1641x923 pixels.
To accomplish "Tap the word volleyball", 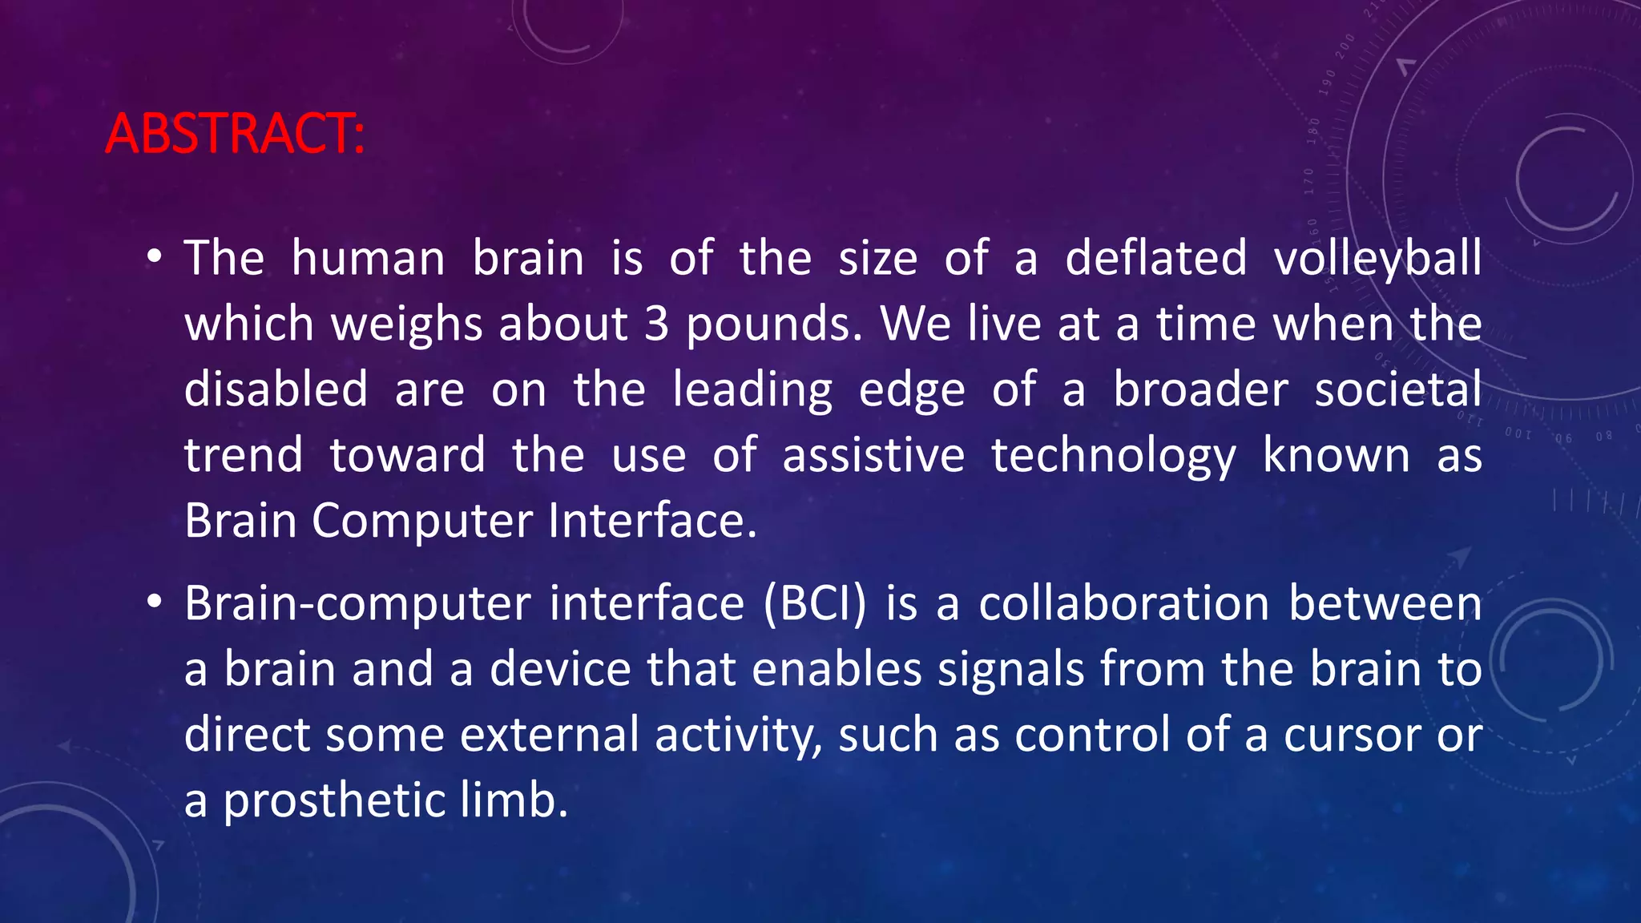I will click(x=1377, y=259).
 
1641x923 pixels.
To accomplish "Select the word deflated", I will click(x=1155, y=259).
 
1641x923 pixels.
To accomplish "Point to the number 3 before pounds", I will click(x=656, y=324).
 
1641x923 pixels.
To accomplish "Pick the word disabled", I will click(x=276, y=389).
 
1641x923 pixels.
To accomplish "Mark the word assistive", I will click(x=873, y=455).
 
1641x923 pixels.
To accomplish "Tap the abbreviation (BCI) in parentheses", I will click(x=814, y=603).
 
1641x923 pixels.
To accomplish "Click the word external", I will click(x=550, y=735).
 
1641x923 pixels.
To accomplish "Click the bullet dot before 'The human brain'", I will click(x=155, y=258).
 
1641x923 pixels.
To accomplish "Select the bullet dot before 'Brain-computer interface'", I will click(x=155, y=603).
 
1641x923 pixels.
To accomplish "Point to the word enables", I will click(x=837, y=669).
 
